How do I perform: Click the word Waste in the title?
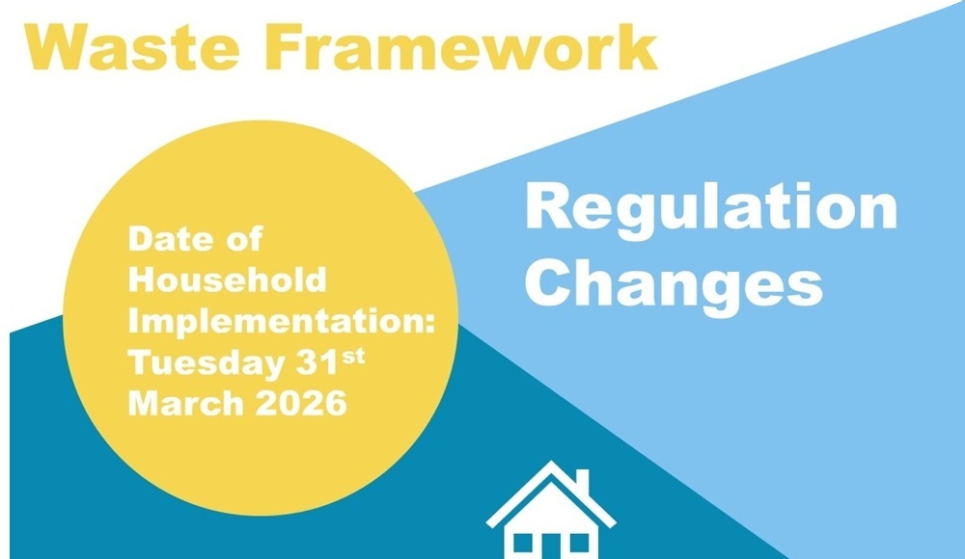pyautogui.click(x=132, y=48)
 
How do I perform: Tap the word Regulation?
pyautogui.click(x=711, y=209)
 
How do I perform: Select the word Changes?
pyautogui.click(x=674, y=284)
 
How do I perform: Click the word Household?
pyautogui.click(x=227, y=280)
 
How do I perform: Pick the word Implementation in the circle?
pyautogui.click(x=276, y=322)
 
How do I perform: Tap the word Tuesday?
pyautogui.click(x=207, y=364)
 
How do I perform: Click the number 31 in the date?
pyautogui.click(x=317, y=362)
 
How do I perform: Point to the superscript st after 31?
pyautogui.click(x=353, y=357)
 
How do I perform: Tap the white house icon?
pyautogui.click(x=551, y=510)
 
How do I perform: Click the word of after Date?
pyautogui.click(x=244, y=239)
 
